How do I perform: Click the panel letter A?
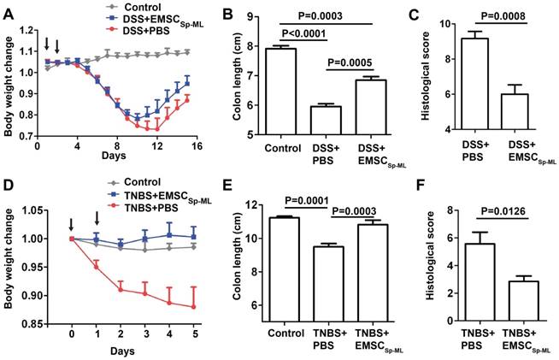8,9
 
